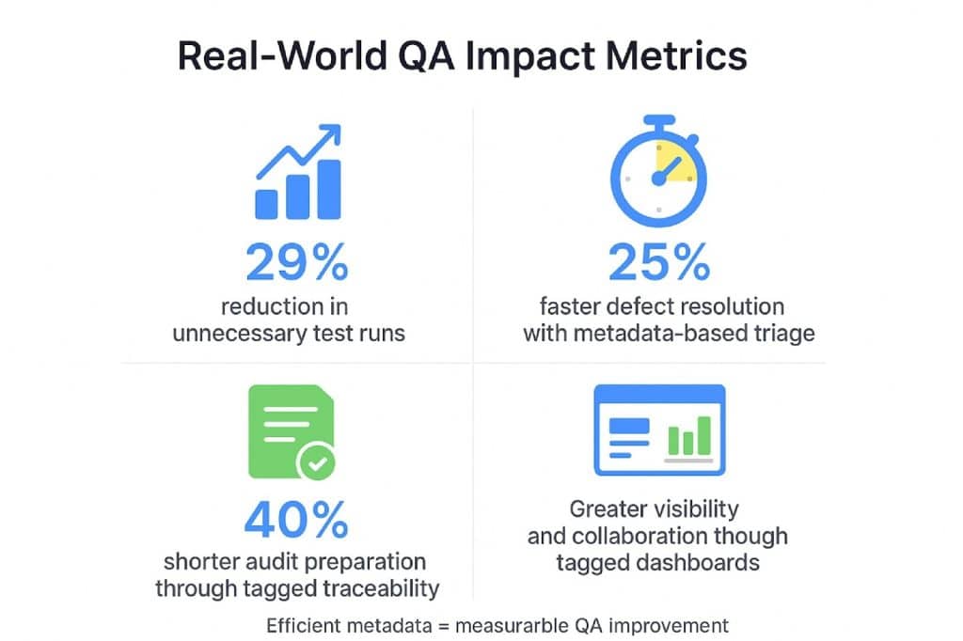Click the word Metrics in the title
[676, 55]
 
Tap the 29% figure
[297, 262]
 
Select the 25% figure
[659, 262]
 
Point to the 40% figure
[296, 520]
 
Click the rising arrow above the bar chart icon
[299, 150]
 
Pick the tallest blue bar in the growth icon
[329, 189]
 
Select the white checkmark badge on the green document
[317, 462]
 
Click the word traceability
[382, 588]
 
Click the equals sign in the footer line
[444, 626]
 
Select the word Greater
[608, 509]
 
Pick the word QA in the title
[427, 56]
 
